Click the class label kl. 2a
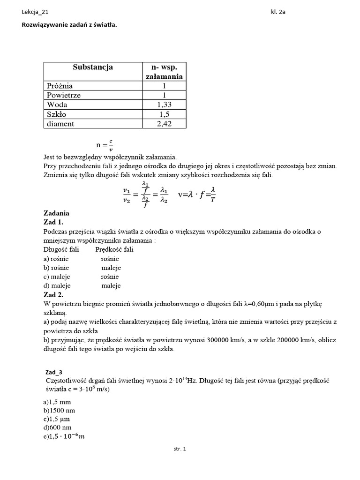pos(278,12)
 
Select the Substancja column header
pos(93,67)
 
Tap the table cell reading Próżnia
pos(60,86)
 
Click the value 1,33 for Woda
pos(165,105)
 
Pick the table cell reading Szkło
pos(57,114)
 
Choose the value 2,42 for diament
pos(165,124)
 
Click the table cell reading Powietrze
pos(64,95)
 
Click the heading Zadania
pos(56,213)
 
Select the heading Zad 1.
pos(53,222)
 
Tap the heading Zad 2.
pos(53,295)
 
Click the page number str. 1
pos(180,449)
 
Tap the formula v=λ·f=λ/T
pos(197,194)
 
